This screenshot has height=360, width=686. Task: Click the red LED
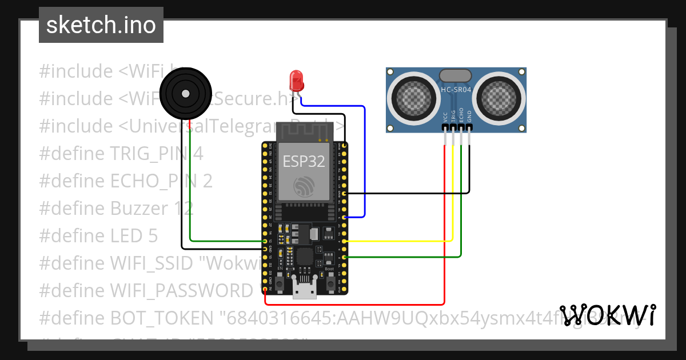tap(296, 81)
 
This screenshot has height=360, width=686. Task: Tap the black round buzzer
tap(184, 93)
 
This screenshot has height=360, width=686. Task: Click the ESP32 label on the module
tap(304, 161)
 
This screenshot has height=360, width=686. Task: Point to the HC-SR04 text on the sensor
tap(456, 89)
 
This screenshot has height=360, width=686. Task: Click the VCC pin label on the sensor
tap(445, 118)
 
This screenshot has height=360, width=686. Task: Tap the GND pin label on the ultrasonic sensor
tap(469, 118)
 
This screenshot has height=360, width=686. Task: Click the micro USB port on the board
tap(304, 289)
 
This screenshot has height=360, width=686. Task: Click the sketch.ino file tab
tap(101, 25)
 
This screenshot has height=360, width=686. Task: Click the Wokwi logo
tap(607, 315)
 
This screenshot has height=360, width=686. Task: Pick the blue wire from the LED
tap(364, 160)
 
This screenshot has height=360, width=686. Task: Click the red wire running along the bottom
tap(354, 304)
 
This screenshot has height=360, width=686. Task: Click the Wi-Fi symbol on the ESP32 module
tap(304, 187)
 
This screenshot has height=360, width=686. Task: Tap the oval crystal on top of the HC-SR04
tap(455, 75)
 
